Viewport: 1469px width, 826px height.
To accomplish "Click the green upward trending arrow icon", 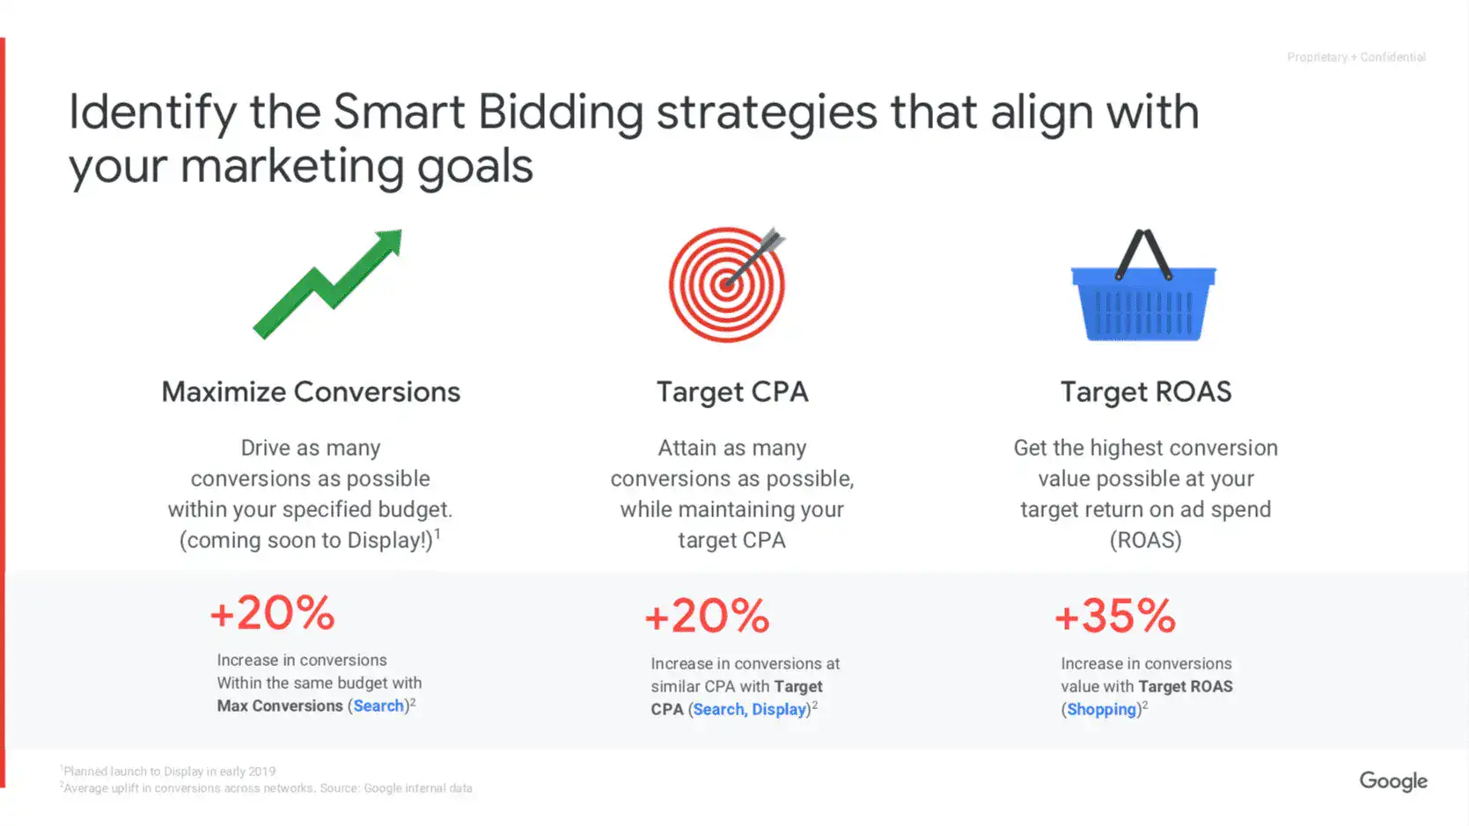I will [x=327, y=283].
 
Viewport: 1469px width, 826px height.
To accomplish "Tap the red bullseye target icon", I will [x=727, y=284].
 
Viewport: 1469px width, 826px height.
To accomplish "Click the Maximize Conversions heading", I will [x=311, y=391].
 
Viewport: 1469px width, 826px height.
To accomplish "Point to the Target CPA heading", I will [x=732, y=391].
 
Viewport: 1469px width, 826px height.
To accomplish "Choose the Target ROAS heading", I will [x=1145, y=391].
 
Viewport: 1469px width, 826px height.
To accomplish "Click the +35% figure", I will [x=1115, y=616].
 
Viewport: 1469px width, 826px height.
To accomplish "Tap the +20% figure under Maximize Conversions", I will [x=273, y=612].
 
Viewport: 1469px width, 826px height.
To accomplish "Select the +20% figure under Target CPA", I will [x=708, y=616].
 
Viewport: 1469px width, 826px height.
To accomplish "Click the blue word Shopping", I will [x=1102, y=710].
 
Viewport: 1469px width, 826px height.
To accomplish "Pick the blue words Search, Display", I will [x=750, y=710].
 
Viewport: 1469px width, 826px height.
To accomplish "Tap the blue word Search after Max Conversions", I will [x=378, y=706].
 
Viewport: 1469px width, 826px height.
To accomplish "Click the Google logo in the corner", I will [x=1392, y=781].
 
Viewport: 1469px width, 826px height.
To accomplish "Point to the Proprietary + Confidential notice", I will [x=1355, y=57].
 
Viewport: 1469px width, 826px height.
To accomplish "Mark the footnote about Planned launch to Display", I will [x=168, y=771].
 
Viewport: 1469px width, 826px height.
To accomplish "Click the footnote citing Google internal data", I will [x=267, y=788].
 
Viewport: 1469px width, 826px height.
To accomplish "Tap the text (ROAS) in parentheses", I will [x=1145, y=540].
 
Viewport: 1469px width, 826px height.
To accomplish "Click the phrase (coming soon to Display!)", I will [x=307, y=540].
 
